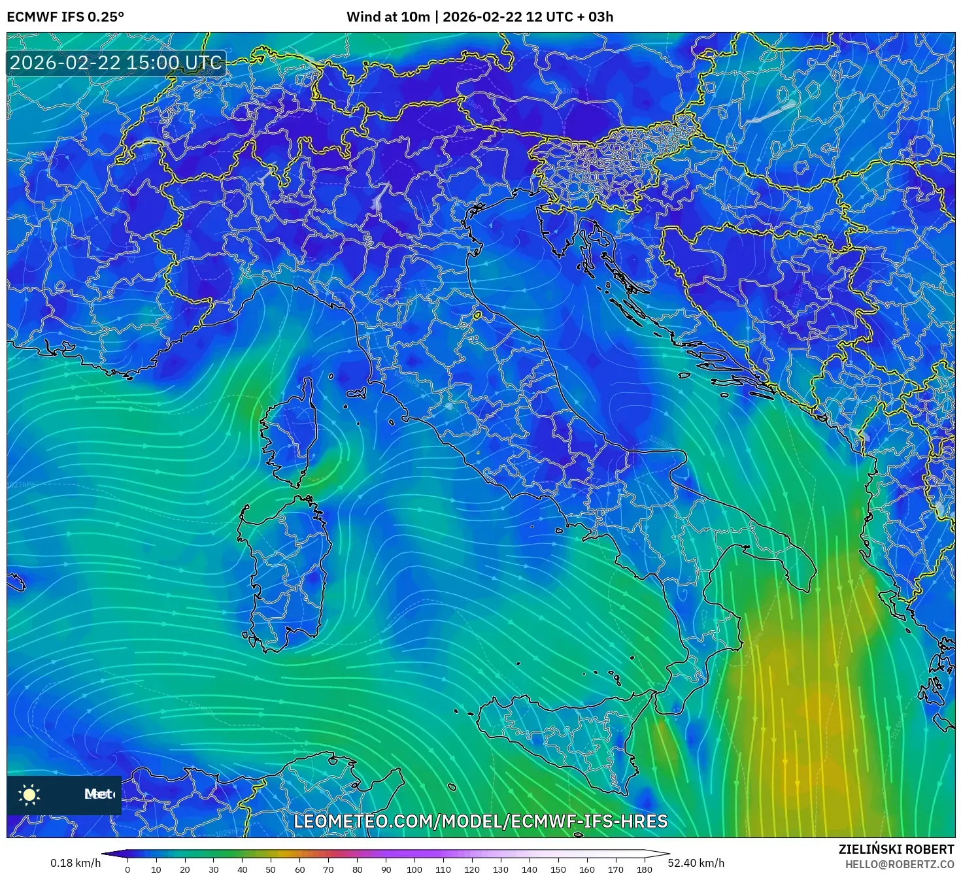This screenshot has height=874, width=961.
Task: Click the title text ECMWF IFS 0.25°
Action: [65, 17]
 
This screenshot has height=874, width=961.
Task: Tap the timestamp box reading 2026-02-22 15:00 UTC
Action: [116, 63]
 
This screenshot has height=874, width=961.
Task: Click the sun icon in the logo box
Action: [29, 794]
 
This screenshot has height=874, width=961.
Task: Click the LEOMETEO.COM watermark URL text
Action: [480, 821]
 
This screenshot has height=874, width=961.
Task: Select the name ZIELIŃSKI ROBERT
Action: [896, 849]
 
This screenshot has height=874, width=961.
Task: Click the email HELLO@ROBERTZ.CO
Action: [899, 864]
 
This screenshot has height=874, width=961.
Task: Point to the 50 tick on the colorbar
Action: [271, 869]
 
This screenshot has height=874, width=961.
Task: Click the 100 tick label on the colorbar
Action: [414, 869]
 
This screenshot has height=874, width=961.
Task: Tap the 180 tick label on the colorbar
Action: [644, 869]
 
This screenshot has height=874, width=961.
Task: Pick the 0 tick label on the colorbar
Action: [127, 869]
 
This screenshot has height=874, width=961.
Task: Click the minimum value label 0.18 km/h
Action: [76, 863]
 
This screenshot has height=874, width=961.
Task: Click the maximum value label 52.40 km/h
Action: [696, 863]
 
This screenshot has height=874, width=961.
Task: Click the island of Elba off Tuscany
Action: [356, 394]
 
